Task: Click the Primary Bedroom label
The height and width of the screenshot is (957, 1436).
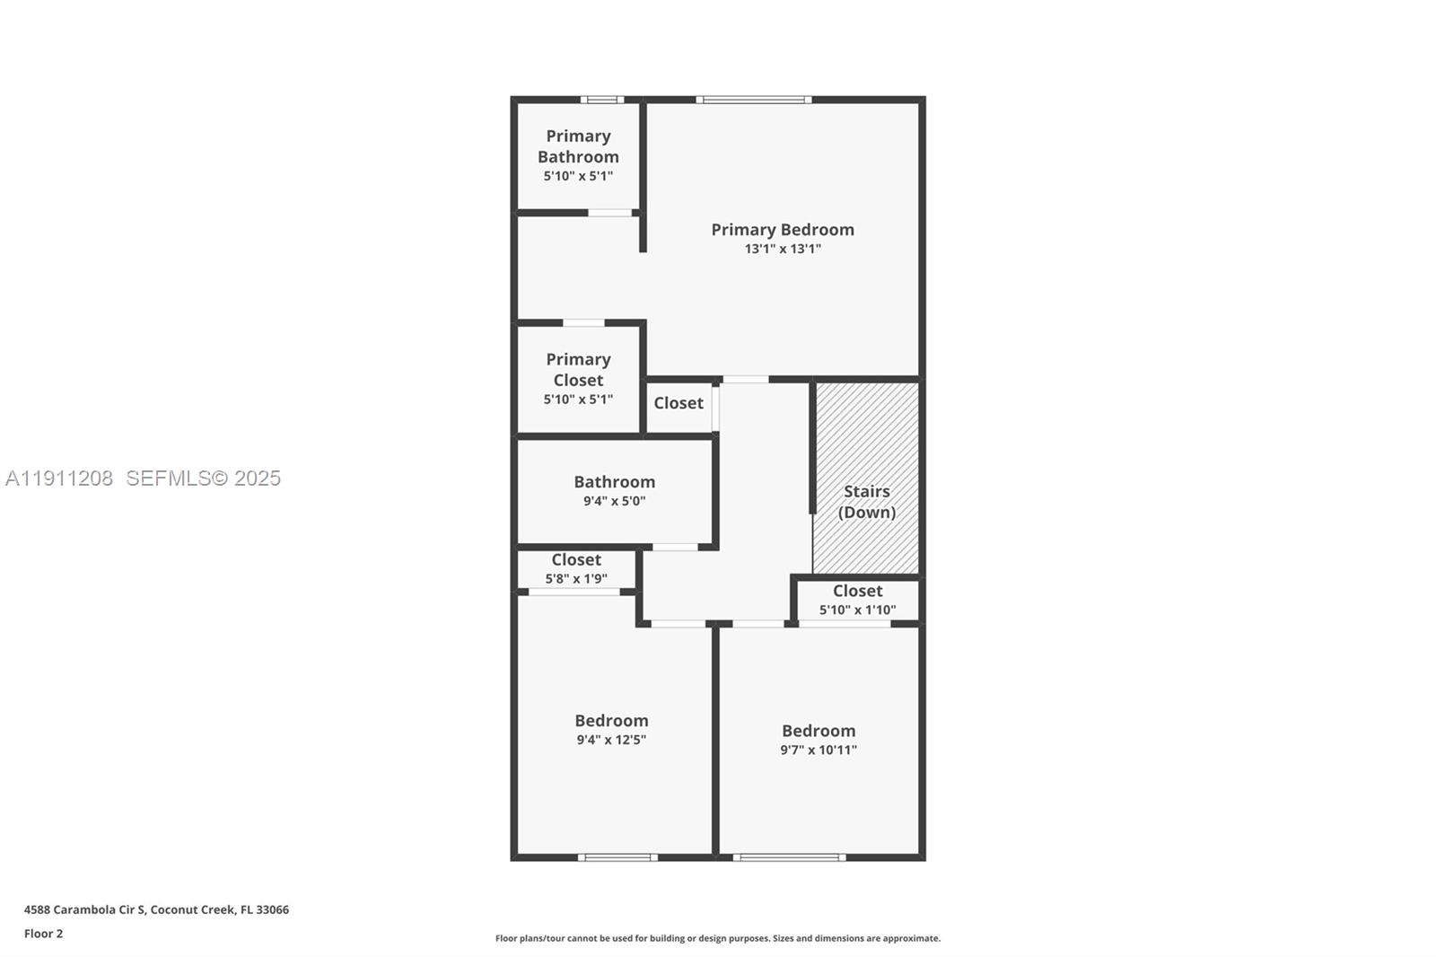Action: point(782,230)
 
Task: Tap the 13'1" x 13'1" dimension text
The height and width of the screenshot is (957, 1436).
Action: point(782,250)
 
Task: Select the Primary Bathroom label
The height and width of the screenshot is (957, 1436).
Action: point(578,146)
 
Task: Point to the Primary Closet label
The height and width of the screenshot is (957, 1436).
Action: point(578,369)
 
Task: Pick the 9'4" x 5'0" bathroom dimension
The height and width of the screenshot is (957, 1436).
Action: point(614,502)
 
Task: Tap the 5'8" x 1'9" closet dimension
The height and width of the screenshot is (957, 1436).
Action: point(576,579)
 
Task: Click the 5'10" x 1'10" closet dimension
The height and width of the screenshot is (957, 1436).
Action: point(857,610)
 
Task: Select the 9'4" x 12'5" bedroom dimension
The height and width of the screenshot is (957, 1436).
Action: point(611,741)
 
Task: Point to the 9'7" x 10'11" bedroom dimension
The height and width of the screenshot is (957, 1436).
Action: point(818,751)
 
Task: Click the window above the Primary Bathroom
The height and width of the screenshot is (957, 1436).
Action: point(601,100)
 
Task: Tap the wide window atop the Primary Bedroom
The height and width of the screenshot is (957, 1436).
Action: point(753,100)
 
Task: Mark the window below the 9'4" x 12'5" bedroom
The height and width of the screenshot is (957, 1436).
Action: point(617,857)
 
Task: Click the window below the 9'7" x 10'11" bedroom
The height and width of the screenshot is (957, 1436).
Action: point(789,857)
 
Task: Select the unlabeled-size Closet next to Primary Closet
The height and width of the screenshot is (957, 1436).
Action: point(679,403)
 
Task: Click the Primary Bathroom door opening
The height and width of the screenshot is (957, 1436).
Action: point(609,213)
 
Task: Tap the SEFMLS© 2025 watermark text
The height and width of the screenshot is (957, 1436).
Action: point(203,478)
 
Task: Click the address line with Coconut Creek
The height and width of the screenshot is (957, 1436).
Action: point(156,909)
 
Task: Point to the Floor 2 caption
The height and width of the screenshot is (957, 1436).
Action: point(43,934)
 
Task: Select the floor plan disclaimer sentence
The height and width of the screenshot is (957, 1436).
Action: point(717,938)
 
